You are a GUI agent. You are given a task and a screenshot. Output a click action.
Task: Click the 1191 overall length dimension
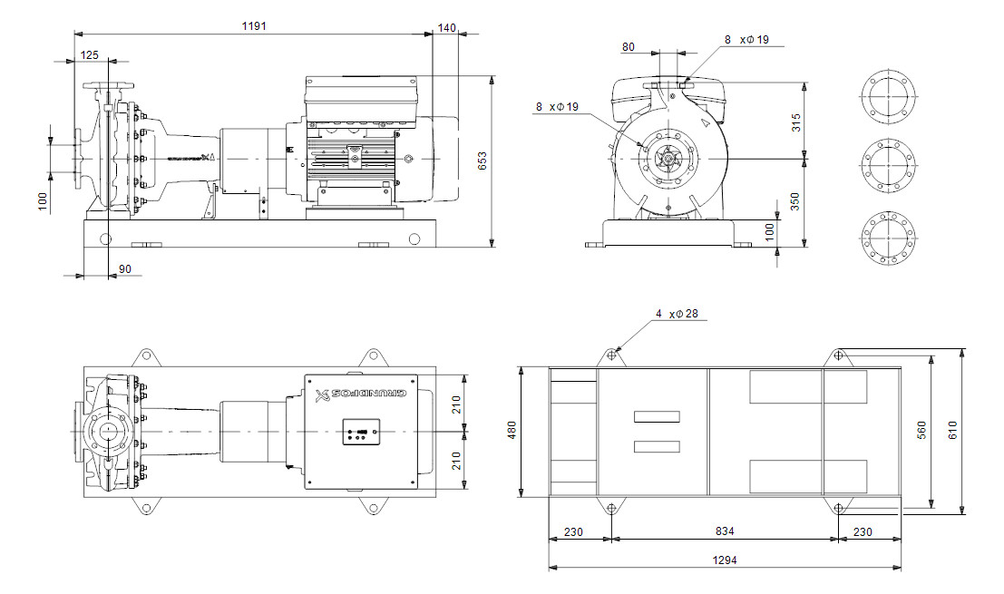pyautogui.click(x=254, y=28)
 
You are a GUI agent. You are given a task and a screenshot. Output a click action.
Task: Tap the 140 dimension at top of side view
pyautogui.click(x=446, y=28)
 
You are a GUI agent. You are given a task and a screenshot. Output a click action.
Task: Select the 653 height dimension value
pyautogui.click(x=483, y=161)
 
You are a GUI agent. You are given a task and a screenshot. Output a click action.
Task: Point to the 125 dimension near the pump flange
pyautogui.click(x=90, y=55)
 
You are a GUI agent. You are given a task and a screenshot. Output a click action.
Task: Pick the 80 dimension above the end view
pyautogui.click(x=629, y=47)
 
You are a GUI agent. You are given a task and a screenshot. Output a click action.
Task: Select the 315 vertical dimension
pyautogui.click(x=796, y=122)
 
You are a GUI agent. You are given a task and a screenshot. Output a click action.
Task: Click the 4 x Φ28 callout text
pyautogui.click(x=677, y=314)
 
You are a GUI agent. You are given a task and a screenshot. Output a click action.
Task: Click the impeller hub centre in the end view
pyautogui.click(x=668, y=159)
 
